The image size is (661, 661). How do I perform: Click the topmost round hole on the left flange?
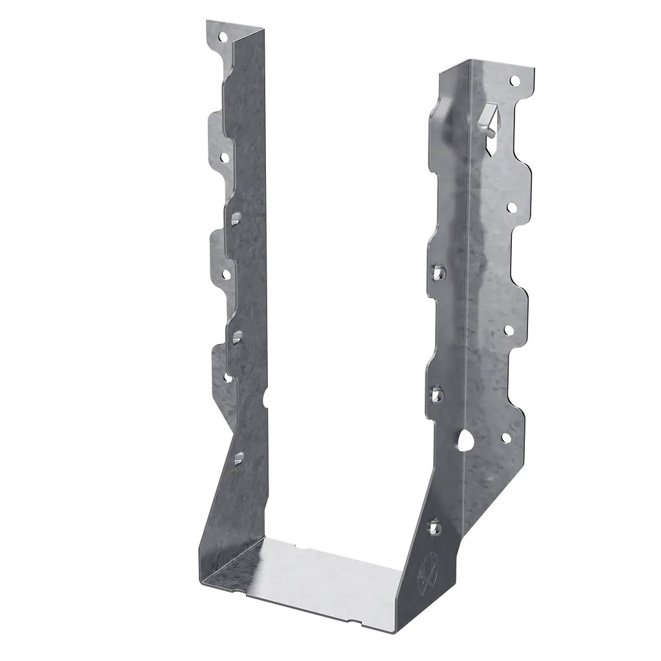click(224, 37)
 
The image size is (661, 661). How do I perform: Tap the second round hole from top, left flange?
click(224, 156)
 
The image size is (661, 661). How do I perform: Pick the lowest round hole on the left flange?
click(227, 378)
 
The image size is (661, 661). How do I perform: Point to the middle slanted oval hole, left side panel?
click(238, 334)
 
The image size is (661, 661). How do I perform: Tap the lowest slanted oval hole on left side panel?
click(239, 457)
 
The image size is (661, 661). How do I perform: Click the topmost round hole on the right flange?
click(514, 81)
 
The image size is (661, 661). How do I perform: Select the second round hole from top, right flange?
click(511, 207)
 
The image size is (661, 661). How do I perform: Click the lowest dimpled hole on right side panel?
click(437, 527)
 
